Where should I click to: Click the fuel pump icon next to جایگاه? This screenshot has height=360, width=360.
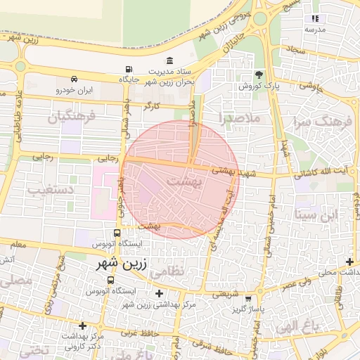coord(128,69)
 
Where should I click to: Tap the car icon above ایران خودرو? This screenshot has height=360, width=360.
coord(74,79)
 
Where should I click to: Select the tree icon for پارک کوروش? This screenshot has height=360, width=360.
coord(259,74)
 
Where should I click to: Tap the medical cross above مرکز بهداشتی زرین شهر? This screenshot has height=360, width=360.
coord(159,293)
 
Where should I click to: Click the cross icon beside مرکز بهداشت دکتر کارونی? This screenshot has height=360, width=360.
coord(83,326)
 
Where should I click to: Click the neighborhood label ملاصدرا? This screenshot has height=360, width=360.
coord(240,117)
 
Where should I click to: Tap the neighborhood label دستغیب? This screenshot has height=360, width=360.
coord(47,189)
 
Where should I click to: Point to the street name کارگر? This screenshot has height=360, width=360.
coord(152,106)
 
